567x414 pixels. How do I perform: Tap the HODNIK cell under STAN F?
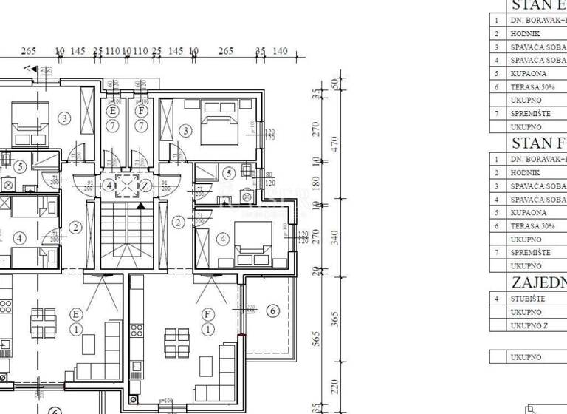[525, 172]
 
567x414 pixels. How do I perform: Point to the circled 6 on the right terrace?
[272, 311]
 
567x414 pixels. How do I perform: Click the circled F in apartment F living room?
[207, 314]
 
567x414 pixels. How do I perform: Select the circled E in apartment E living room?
[75, 314]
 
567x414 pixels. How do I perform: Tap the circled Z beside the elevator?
[145, 186]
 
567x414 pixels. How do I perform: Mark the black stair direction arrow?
[140, 205]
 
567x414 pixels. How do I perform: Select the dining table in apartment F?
[177, 342]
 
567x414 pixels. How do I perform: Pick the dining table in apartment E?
[38, 322]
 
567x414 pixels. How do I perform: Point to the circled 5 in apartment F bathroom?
[229, 173]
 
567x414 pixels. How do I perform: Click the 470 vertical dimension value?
[333, 142]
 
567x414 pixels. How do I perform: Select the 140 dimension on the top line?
[280, 51]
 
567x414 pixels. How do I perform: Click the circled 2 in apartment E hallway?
[75, 227]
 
